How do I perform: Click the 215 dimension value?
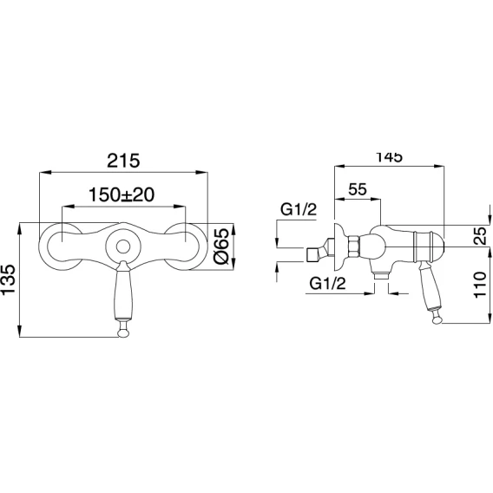pos(123,161)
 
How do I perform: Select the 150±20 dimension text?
pos(122,194)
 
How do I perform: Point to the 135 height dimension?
pos(9,279)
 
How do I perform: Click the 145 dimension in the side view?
pos(389,157)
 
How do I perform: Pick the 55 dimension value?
pos(358,189)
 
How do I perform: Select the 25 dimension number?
pos(481,236)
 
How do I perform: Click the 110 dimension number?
pos(481,286)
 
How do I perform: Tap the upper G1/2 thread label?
pos(299,210)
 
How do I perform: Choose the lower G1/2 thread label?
pos(327,283)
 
